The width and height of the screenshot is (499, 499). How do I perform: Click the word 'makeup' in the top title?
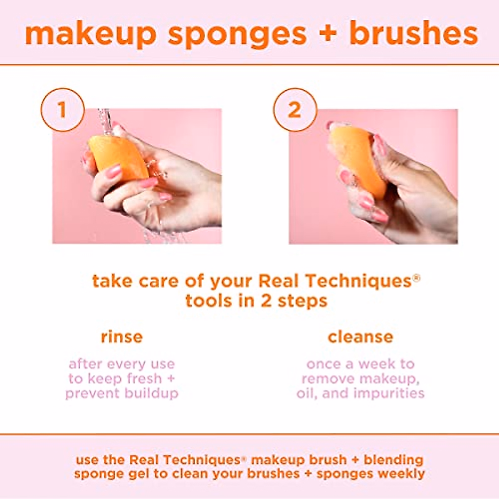pos(90,34)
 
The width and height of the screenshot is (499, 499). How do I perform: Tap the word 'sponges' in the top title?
pos(237,34)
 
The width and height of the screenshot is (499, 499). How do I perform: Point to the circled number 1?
pos(62,110)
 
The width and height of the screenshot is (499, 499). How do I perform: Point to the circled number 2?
pos(295,110)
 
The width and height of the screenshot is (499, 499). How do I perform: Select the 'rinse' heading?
pos(121,336)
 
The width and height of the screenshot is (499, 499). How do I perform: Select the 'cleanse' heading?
pos(360,336)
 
